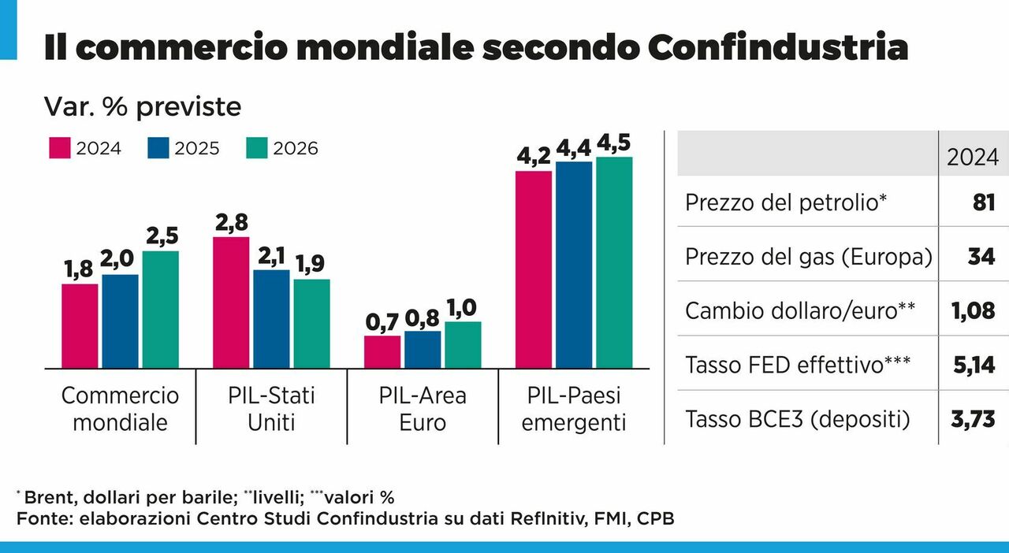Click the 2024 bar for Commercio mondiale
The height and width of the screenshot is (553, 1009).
pos(80,325)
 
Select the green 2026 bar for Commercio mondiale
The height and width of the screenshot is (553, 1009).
pos(160,309)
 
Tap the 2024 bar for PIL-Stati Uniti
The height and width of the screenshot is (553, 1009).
pos(231,302)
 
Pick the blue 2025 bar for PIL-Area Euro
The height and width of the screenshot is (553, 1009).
pos(422,349)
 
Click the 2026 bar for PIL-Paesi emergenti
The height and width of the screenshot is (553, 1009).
pos(614,262)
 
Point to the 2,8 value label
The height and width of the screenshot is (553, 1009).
pos(231,223)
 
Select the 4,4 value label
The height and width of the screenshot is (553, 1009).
pos(574,148)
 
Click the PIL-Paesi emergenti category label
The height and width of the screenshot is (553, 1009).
pos(574,407)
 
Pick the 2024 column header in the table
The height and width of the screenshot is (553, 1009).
pos(973,158)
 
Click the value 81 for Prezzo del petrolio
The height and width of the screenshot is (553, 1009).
pos(984,202)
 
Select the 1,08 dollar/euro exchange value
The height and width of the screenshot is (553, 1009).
pos(973,310)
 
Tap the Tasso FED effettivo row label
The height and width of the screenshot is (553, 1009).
pos(798,365)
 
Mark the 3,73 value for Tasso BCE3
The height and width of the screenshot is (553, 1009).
pos(973,418)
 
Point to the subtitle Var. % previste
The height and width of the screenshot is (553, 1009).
pos(143,106)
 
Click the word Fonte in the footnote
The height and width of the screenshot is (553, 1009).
pos(38,519)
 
